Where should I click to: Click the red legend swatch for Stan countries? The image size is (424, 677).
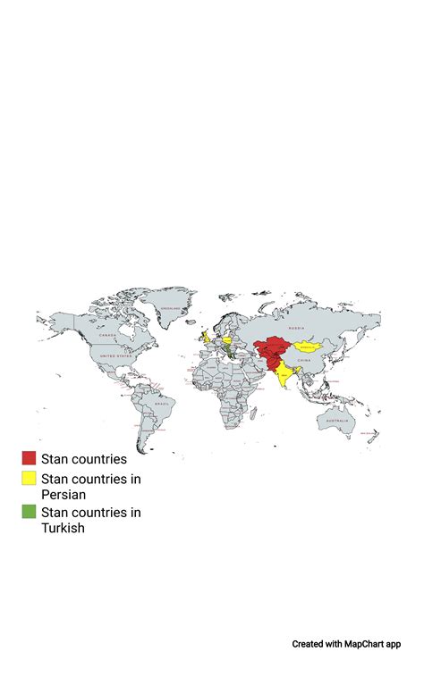pos(30,458)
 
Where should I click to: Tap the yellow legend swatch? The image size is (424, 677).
pos(30,479)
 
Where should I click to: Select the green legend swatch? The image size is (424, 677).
pos(30,512)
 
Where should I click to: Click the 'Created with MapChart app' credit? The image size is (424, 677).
pos(346,644)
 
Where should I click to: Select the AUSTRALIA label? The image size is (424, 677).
pos(336,420)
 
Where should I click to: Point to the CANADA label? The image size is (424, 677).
pos(108,336)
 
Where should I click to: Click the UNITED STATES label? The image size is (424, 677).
pos(114,355)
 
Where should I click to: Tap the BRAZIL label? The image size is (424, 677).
pos(162,404)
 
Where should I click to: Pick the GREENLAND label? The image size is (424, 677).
pos(170,309)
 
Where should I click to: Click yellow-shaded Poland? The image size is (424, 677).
pos(228,340)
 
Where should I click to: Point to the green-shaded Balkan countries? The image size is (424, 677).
pos(232,355)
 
